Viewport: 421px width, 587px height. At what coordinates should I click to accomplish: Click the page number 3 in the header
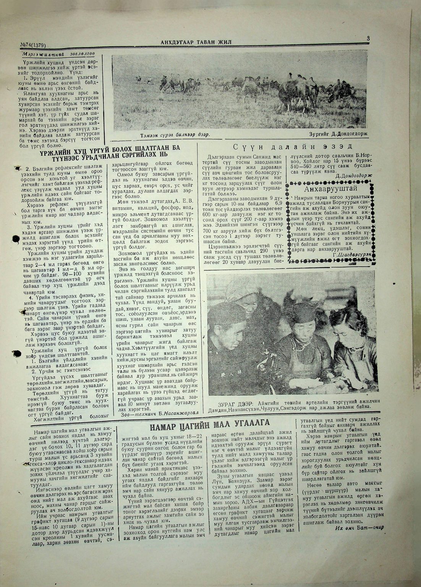(x=368, y=38)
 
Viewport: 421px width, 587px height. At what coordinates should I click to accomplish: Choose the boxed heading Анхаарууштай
(x=330, y=189)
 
